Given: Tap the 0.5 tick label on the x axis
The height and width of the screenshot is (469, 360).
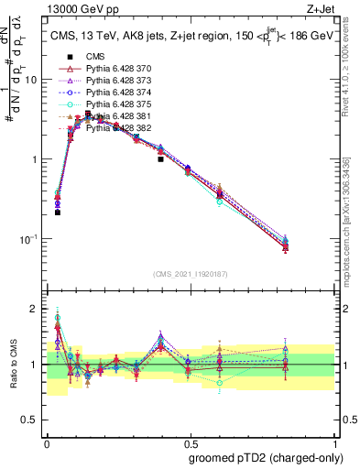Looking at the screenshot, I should [x=188, y=442].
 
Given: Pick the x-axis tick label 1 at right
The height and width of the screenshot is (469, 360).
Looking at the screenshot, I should [x=331, y=442].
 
